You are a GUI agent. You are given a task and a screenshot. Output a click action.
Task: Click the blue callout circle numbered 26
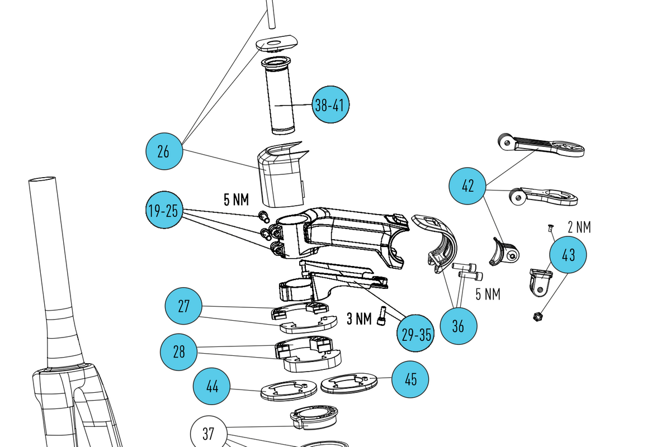point(164,151)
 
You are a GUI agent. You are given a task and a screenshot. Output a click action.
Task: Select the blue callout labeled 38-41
point(330,104)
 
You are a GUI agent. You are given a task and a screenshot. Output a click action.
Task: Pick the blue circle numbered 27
point(184,306)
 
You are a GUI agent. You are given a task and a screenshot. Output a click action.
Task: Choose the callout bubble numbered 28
point(179,351)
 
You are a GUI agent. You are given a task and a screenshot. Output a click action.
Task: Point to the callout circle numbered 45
point(410,379)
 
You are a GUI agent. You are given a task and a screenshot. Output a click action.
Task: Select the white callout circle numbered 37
point(208,433)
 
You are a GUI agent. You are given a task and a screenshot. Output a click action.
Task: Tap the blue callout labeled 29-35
point(416,334)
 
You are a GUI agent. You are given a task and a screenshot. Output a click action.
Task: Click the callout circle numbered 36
point(459,326)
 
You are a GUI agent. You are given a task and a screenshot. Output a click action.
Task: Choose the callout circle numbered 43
point(568,255)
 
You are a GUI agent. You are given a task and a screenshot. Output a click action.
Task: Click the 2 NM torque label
point(579,227)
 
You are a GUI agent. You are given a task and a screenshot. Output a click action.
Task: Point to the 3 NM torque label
point(359,319)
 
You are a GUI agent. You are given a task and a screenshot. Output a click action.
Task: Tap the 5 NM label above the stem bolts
point(236,199)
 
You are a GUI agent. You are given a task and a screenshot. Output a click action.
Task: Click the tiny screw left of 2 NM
point(549,227)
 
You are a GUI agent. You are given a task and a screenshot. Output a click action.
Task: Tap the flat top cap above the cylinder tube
point(277,42)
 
